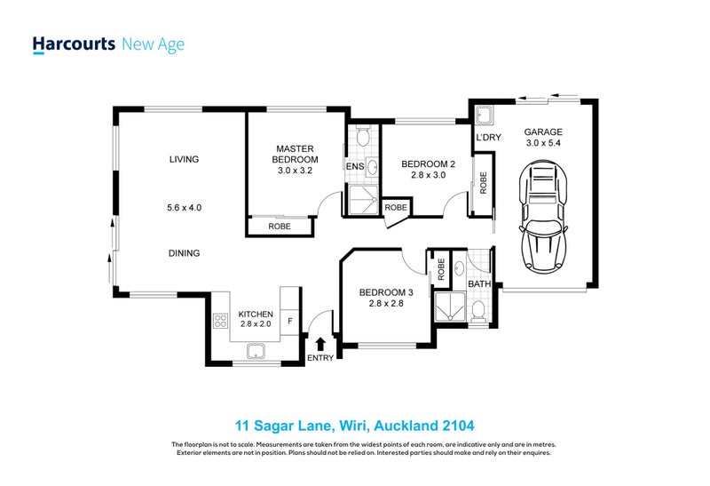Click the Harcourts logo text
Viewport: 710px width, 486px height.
[73, 44]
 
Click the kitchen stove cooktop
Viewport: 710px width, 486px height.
[220, 322]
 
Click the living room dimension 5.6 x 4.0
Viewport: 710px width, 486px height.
[185, 208]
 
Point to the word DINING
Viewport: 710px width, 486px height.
[185, 253]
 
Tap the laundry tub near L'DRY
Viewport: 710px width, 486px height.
[484, 116]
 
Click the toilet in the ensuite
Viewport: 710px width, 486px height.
[361, 137]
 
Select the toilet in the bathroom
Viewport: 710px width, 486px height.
[478, 309]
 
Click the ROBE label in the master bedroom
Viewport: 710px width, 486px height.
[280, 227]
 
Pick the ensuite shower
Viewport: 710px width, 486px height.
[361, 200]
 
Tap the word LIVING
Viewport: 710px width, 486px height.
[185, 160]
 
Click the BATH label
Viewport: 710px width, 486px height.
[480, 284]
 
